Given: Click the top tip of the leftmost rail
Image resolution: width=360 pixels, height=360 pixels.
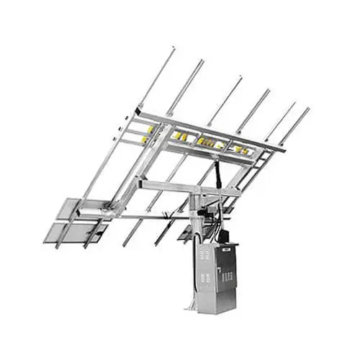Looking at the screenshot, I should tap(172, 50).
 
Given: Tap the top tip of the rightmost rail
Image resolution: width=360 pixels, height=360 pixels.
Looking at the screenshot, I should tap(308, 109).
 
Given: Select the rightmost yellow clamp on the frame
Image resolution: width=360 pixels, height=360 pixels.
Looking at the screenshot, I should tap(244, 150).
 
